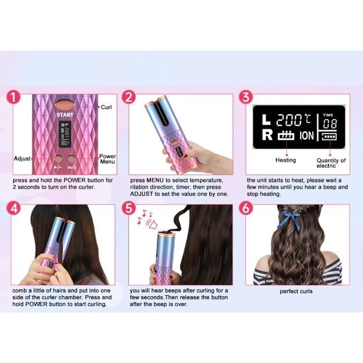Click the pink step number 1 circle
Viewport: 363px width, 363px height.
coord(14,97)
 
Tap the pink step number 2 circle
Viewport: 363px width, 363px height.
coord(129,97)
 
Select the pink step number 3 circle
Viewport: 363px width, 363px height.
coord(246,97)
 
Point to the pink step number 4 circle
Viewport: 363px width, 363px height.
coord(14,208)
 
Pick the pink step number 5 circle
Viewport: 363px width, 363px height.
coord(129,208)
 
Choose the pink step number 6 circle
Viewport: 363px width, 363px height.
coord(246,208)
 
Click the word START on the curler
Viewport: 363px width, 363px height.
coord(65,115)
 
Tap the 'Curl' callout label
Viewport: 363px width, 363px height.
coord(106,107)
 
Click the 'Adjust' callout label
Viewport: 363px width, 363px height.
coord(22,159)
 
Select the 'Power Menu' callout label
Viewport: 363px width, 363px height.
coord(107,159)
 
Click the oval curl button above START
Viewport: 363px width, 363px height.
coord(65,105)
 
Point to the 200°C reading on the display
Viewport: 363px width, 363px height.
coord(294,120)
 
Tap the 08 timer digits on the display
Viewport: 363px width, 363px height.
coord(330,124)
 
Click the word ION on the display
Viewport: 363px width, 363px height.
coord(307,136)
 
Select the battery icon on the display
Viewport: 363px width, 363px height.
coord(329,136)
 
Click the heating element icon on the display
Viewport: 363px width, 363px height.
coord(286,135)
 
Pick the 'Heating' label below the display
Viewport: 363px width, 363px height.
coord(286,160)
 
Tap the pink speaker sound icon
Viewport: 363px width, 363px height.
coord(152,224)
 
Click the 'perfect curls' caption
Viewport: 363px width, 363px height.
coord(296,292)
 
